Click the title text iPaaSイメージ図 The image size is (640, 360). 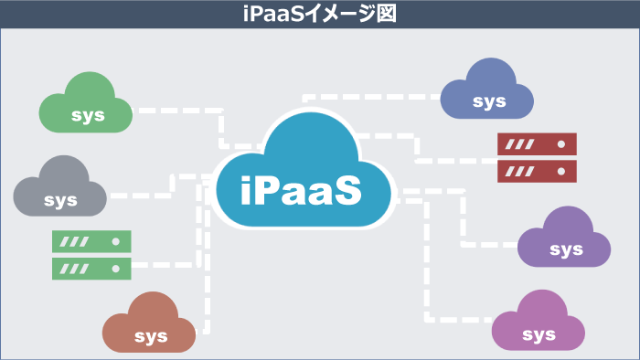319,14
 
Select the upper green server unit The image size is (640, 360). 91,241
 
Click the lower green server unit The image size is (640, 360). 91,268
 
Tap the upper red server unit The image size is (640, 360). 537,144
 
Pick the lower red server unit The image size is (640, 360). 537,171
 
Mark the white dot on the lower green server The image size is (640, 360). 115,268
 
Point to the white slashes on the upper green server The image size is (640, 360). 75,241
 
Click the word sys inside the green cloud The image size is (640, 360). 88,116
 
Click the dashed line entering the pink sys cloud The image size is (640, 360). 457,319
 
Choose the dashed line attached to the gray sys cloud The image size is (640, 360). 137,195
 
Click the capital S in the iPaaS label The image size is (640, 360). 345,190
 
